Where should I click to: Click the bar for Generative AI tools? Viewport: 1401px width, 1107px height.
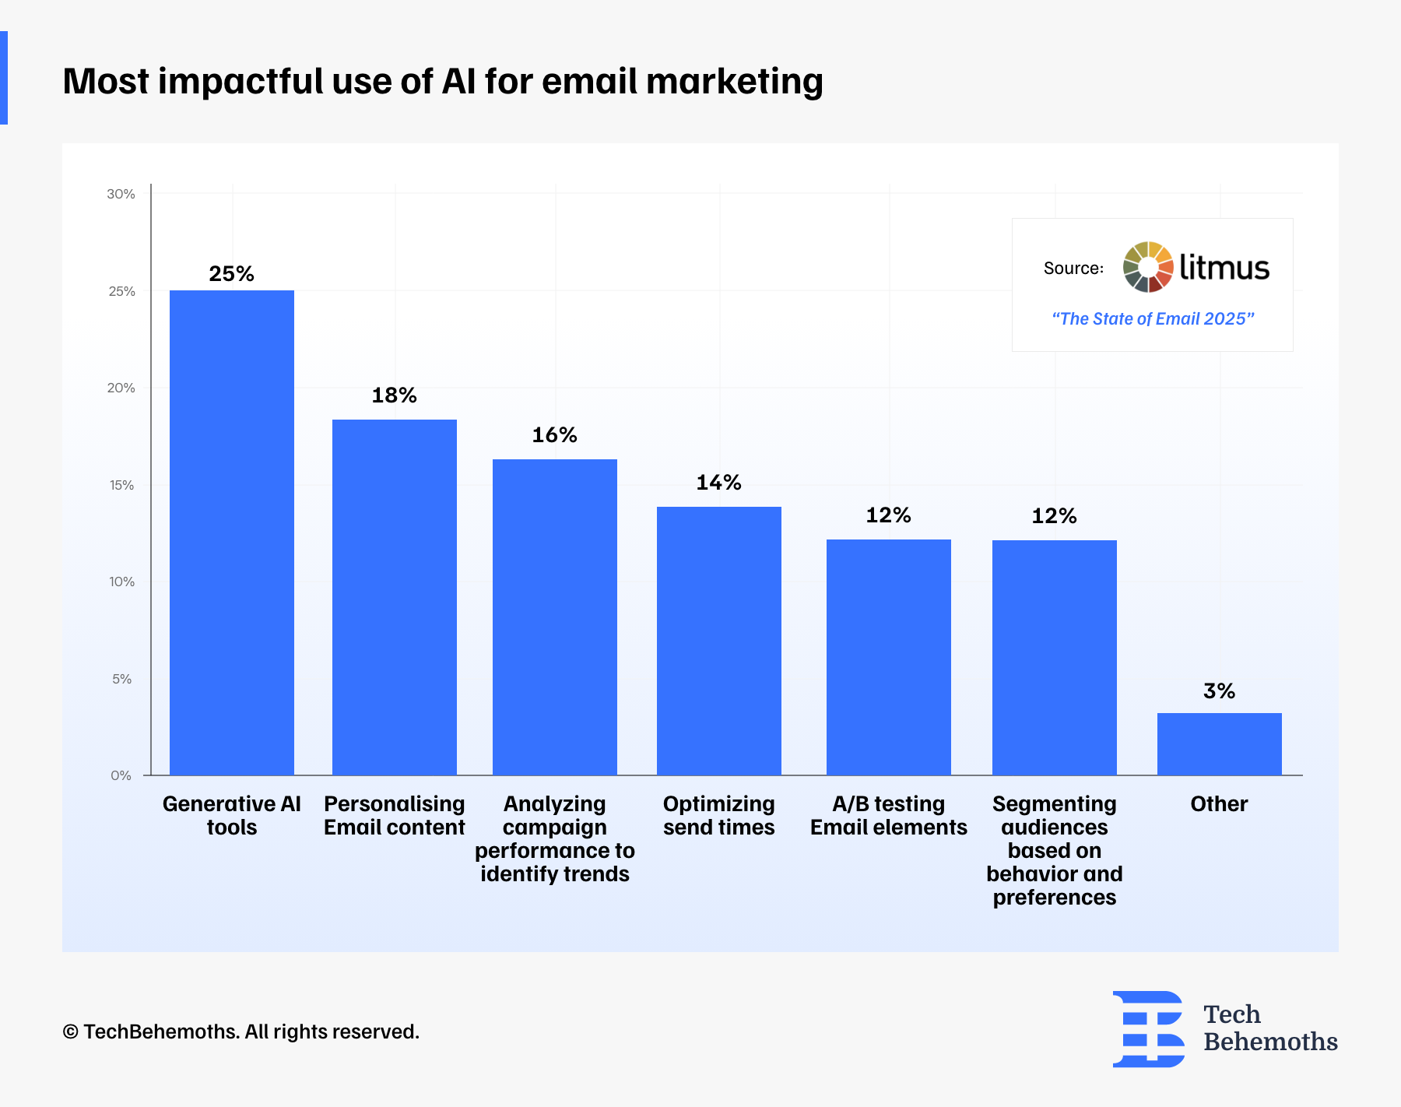point(232,532)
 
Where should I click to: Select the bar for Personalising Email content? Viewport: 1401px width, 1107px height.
point(395,597)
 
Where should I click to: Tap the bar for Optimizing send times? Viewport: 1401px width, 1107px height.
point(719,641)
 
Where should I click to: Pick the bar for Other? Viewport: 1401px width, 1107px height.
point(1220,743)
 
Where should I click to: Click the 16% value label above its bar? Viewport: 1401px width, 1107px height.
point(554,435)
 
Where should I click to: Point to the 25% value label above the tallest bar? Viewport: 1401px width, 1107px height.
point(231,274)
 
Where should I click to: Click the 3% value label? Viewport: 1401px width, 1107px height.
point(1219,691)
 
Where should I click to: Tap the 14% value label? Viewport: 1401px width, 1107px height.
point(718,483)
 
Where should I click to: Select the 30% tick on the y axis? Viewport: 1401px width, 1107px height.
point(121,194)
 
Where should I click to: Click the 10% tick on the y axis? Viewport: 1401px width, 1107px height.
point(121,582)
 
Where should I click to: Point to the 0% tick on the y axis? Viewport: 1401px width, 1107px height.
point(121,775)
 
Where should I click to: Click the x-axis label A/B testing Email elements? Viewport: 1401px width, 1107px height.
point(889,815)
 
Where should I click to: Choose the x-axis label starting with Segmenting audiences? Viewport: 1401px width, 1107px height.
point(1055,850)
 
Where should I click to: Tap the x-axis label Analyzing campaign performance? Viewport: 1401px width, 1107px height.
point(555,838)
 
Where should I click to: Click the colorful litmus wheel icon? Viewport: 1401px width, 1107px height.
point(1148,267)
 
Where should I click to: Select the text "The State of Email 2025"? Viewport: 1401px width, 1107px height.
point(1153,318)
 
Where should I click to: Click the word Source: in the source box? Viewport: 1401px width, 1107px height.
point(1073,269)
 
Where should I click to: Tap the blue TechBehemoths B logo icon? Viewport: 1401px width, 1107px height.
point(1149,1028)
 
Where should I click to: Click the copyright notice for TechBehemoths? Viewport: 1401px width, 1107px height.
point(241,1031)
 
